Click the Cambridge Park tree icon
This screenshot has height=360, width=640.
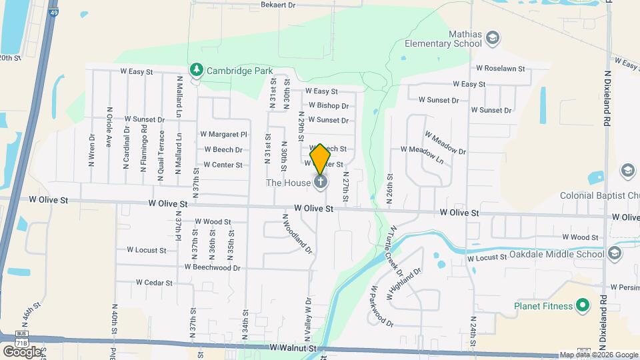196,69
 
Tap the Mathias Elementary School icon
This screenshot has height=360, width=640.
493,37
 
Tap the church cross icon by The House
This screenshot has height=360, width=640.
321,181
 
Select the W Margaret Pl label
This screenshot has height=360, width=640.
223,134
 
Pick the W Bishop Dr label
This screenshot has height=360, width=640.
329,105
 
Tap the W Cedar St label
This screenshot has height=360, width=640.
154,282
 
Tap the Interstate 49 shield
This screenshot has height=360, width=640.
53,11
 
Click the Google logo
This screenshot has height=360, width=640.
22,351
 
